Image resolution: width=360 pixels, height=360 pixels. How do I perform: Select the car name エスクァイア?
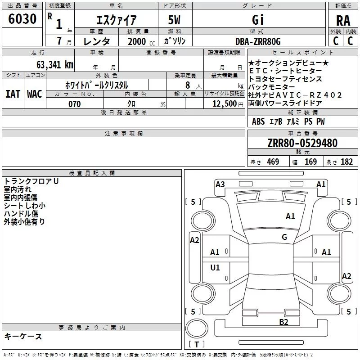117,20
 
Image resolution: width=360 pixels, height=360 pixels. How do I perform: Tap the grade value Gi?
258,20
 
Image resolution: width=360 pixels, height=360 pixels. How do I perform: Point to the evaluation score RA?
343,21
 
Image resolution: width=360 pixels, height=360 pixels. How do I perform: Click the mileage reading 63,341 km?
52,64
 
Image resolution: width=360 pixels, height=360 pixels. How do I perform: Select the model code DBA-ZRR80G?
258,41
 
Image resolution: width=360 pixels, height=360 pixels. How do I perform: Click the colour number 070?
74,104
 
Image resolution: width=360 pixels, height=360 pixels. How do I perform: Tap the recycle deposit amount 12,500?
224,104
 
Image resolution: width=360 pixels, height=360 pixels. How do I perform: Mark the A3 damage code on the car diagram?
220,184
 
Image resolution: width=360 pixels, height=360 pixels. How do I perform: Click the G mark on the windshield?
284,237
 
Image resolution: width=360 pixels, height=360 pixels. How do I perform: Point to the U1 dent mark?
215,268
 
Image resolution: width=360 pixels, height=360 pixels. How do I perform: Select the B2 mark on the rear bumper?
283,322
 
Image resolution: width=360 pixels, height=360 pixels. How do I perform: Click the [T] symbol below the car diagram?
196,345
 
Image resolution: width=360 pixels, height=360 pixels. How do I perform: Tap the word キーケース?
23,337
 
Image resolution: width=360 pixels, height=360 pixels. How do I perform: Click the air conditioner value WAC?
35,94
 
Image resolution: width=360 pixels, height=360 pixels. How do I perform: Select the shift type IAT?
12,94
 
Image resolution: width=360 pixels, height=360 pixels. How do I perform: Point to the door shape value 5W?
175,20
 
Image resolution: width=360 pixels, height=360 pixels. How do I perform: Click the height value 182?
346,162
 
